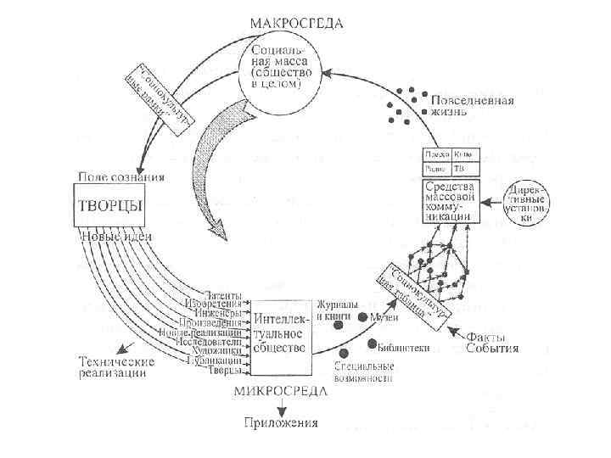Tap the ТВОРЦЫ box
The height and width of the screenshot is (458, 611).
pos(110,205)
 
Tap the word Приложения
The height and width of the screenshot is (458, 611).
pos(282,422)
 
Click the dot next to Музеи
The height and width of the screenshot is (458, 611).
pos(362,317)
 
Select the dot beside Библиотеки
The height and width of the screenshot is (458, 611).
pos(373,344)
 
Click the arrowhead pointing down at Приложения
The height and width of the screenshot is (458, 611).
pos(282,409)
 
